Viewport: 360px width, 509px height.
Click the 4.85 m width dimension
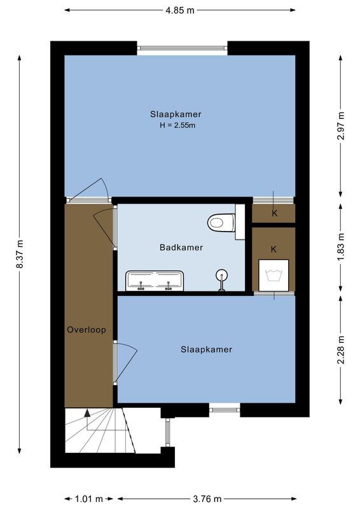coord(180,10)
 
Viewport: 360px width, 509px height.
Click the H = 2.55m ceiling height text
coord(177,125)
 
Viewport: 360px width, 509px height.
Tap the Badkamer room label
coord(181,248)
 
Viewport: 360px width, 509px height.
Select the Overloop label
coord(87,330)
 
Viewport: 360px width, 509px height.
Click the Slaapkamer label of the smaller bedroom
coord(206,349)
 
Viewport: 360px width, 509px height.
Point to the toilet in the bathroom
coord(220,222)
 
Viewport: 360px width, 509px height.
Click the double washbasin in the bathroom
coord(155,279)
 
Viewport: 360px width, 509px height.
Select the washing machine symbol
coord(273,275)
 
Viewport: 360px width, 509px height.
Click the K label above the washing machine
coord(273,249)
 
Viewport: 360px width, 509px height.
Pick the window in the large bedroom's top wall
coord(183,48)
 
